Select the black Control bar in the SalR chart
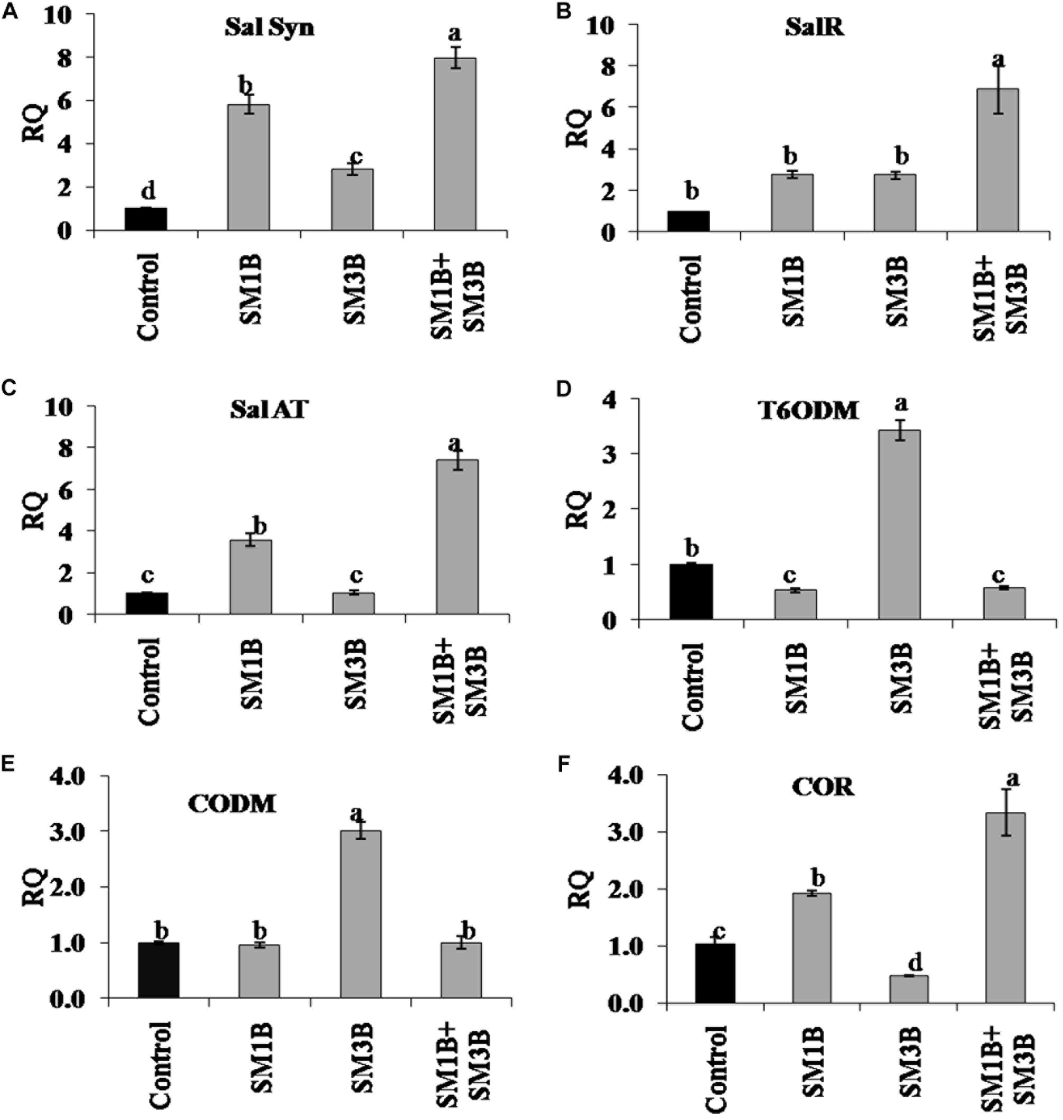coord(688,221)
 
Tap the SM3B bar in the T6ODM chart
coord(899,524)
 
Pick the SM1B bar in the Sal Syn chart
coord(248,167)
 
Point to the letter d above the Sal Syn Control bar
coord(147,191)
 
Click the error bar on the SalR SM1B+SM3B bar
coord(997,89)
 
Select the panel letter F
coord(564,765)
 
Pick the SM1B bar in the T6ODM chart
coord(796,605)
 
